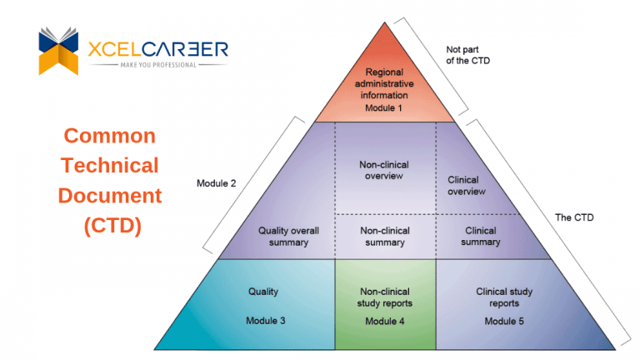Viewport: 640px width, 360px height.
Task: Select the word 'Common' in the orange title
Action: [110, 136]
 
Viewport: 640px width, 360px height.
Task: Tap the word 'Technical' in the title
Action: [110, 165]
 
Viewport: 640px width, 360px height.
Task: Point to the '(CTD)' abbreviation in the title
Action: [110, 225]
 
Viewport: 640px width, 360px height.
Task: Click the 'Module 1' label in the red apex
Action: [384, 107]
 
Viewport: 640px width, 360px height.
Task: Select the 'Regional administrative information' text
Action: [384, 83]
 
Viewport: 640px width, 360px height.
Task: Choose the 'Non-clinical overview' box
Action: [384, 170]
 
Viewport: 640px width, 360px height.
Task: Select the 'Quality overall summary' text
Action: [282, 237]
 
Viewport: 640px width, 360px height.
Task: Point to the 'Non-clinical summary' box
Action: [384, 237]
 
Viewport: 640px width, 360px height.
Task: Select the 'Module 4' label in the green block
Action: [384, 321]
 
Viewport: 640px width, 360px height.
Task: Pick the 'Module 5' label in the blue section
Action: [504, 321]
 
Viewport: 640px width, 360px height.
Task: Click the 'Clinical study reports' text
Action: [504, 297]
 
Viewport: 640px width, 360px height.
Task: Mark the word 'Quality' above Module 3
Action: [263, 292]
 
